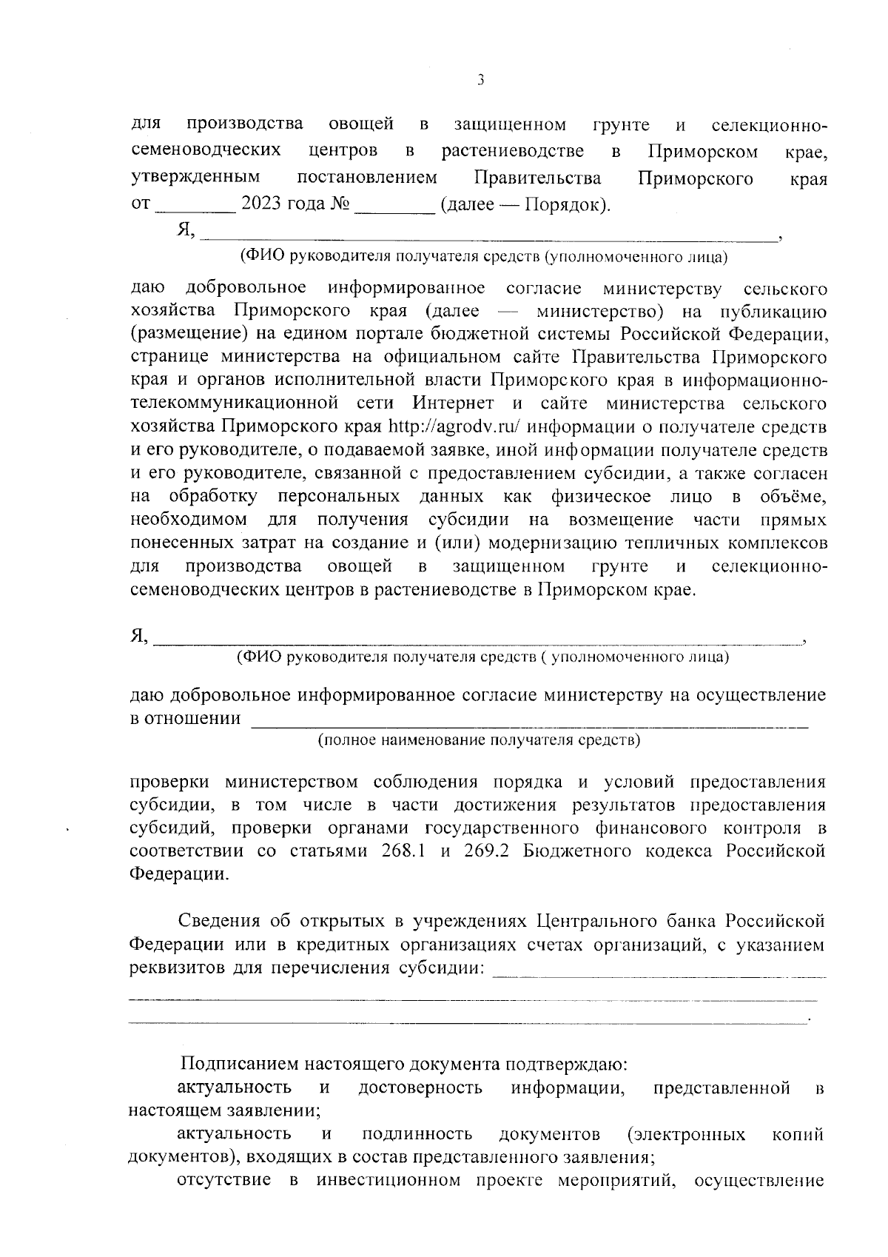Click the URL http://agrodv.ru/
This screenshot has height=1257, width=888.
coord(456,427)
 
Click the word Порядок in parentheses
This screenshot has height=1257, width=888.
coord(564,204)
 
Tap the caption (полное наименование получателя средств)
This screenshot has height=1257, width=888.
coord(479,740)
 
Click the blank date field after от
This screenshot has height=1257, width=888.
coord(195,207)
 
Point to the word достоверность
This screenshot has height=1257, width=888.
coord(420,1087)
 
